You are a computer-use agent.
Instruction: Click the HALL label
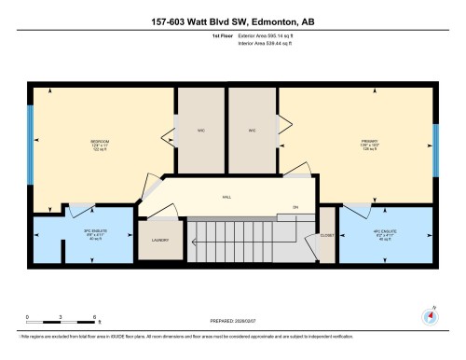(x=226, y=198)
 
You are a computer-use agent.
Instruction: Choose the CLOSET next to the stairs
(x=326, y=236)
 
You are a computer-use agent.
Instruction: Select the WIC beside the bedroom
(x=200, y=131)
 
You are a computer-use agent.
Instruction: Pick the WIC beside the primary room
(x=252, y=131)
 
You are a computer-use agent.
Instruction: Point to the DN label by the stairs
(x=295, y=206)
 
